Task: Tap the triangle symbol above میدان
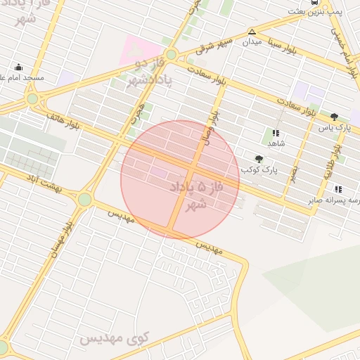pyautogui.click(x=252, y=32)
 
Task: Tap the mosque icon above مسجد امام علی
pyautogui.click(x=19, y=67)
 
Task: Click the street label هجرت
pyautogui.click(x=139, y=112)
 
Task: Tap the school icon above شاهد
pyautogui.click(x=276, y=132)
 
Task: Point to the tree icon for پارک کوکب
pyautogui.click(x=259, y=160)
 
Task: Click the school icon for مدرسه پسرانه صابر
pyautogui.click(x=339, y=189)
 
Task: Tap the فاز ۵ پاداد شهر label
pyautogui.click(x=190, y=195)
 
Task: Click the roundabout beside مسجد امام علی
pyautogui.click(x=32, y=98)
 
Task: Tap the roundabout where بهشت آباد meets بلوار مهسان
pyautogui.click(x=85, y=200)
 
